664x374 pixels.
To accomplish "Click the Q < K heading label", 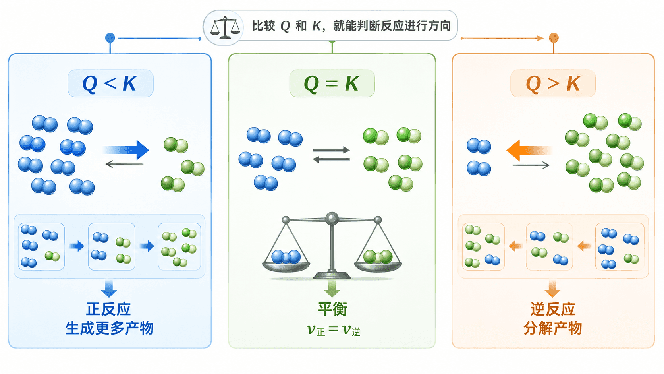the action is (x=110, y=83).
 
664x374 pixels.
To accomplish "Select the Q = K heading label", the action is (x=332, y=83).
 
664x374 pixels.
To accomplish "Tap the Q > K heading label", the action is (x=553, y=83).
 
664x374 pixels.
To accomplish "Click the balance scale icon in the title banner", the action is (x=225, y=27).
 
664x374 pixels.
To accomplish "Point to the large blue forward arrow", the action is (x=126, y=150).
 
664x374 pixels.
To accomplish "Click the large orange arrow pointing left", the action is (x=529, y=150).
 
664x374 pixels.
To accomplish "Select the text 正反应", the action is (x=108, y=309).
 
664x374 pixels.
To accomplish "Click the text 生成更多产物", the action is (x=109, y=328).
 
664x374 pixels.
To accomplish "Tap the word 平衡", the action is (x=332, y=309).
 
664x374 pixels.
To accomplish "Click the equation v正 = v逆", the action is (x=333, y=330).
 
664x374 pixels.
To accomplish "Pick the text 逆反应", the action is (x=553, y=309).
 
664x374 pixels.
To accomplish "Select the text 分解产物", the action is (x=553, y=328).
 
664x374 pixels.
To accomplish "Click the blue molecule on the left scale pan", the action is (x=286, y=257).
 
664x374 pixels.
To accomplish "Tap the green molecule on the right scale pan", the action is (x=378, y=257).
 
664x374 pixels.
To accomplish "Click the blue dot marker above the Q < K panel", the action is (x=110, y=38).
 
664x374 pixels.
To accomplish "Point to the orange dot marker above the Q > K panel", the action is (x=554, y=38).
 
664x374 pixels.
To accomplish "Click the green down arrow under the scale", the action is (x=332, y=288).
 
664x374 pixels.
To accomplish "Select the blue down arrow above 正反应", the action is (x=109, y=289).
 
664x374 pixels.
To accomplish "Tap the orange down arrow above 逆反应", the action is (x=552, y=289).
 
